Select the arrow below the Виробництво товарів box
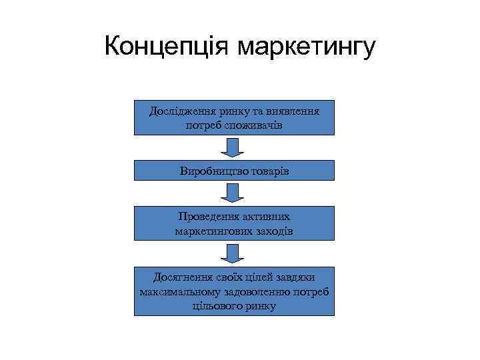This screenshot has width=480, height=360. [233, 193]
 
